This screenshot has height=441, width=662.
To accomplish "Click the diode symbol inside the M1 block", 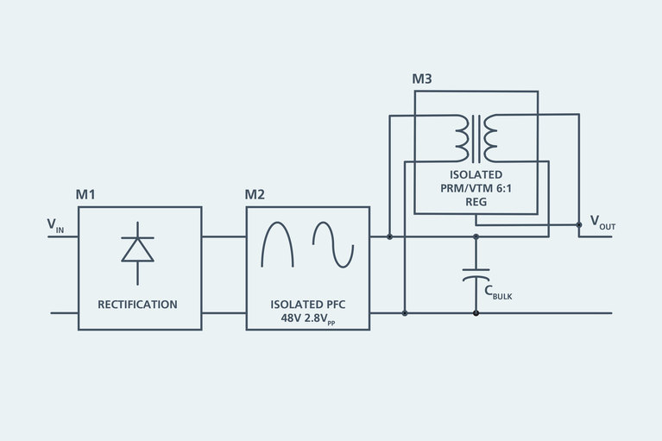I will pyautogui.click(x=138, y=249).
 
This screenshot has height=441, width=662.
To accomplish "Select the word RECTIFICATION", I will pyautogui.click(x=137, y=305).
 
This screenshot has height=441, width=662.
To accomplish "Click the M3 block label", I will pyautogui.click(x=422, y=79).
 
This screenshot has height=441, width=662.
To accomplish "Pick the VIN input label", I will pyautogui.click(x=55, y=225).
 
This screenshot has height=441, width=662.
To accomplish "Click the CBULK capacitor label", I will pyautogui.click(x=499, y=294).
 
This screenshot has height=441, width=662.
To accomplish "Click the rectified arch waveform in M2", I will pyautogui.click(x=276, y=244).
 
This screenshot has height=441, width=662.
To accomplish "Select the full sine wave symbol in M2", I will pyautogui.click(x=333, y=244).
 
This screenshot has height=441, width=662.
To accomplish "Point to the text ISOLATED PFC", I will pyautogui.click(x=307, y=304).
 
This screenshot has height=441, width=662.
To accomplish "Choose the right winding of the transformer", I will pyautogui.click(x=489, y=138).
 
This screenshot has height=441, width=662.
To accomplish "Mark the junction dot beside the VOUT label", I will pyautogui.click(x=579, y=225).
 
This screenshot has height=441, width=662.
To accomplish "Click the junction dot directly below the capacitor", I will pyautogui.click(x=476, y=313).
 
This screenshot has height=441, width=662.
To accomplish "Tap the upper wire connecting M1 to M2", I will pyautogui.click(x=224, y=236).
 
